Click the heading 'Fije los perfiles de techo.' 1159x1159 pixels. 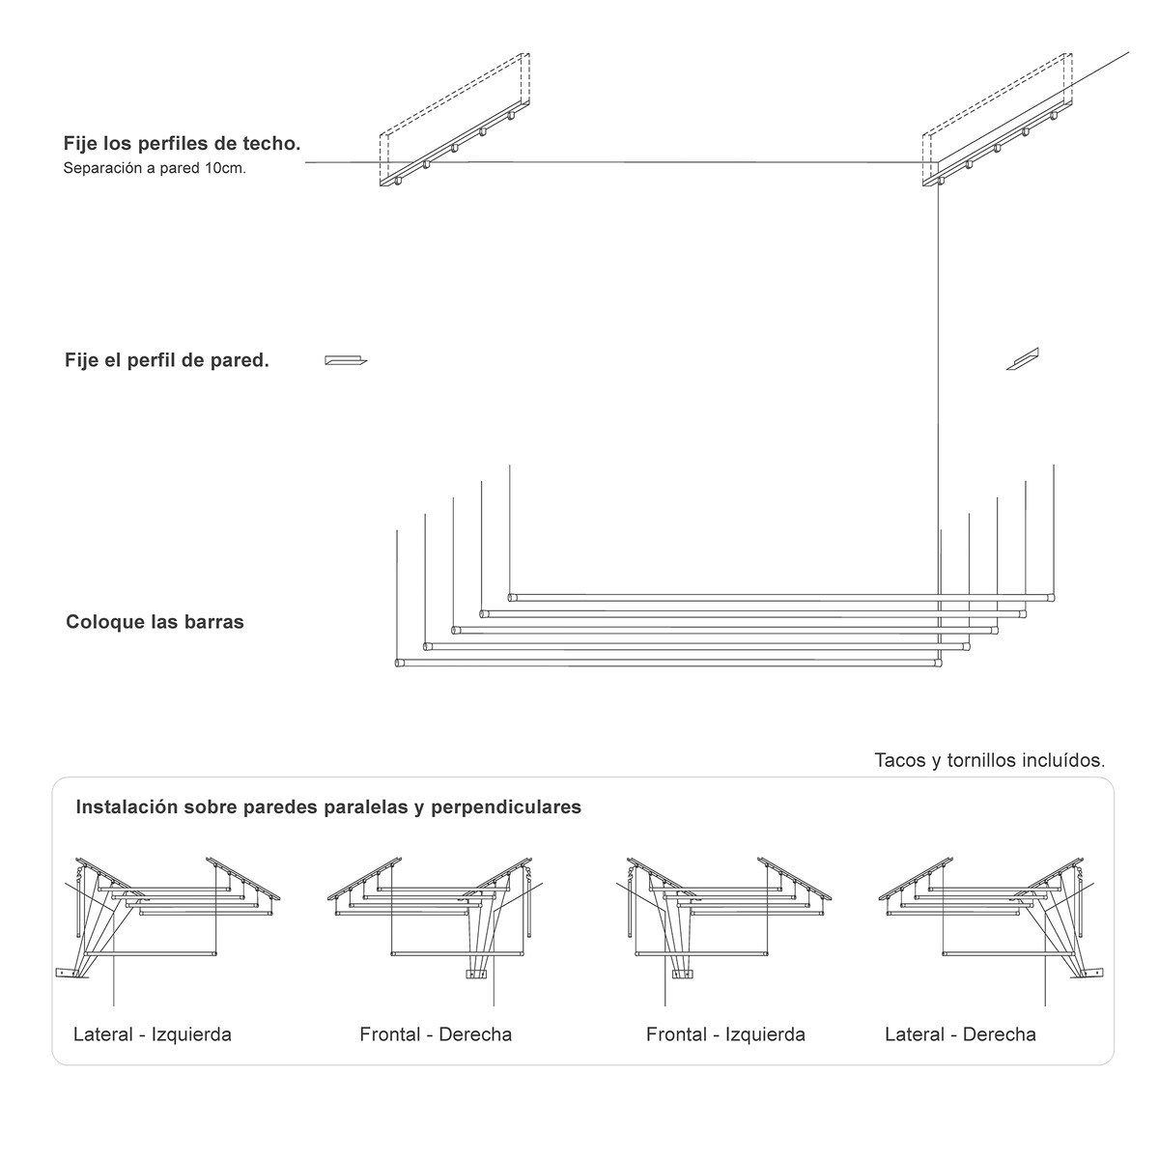tap(182, 144)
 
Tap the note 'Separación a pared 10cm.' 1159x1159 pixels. tap(155, 168)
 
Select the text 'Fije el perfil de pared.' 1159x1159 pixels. tap(166, 361)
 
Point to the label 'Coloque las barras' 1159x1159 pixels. tap(155, 622)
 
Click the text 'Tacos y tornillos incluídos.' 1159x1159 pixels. tap(989, 760)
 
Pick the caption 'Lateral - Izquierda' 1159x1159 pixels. tap(153, 1034)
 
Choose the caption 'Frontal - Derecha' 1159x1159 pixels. tap(436, 1034)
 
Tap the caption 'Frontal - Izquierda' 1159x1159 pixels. tap(725, 1034)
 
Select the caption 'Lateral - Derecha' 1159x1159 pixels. tap(960, 1034)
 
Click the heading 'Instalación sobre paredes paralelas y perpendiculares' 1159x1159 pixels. tap(328, 806)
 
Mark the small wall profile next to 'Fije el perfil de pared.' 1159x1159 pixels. tap(345, 361)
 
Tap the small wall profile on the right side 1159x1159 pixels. tap(1021, 359)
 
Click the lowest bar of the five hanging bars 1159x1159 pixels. tap(667, 664)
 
